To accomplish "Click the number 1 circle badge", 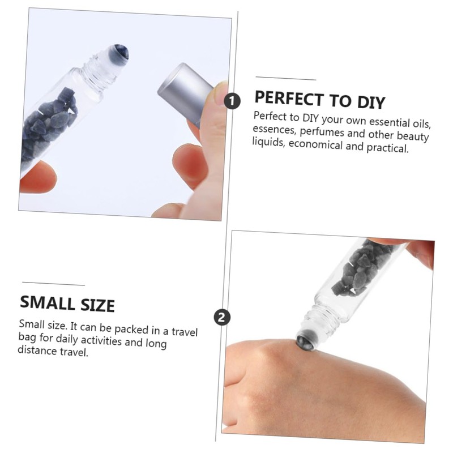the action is tap(232, 101).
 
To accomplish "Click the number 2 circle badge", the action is tap(222, 317).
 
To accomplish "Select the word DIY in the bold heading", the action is tap(371, 102).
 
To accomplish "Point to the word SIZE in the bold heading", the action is tap(97, 305).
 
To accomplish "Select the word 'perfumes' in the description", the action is tap(322, 133).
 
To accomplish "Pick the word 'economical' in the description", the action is tap(315, 144).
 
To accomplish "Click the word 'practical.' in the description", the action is tap(388, 148).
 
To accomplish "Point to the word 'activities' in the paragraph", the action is tap(101, 340).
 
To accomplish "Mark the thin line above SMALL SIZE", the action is tap(53, 284).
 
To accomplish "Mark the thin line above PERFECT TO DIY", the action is tap(286, 78).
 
